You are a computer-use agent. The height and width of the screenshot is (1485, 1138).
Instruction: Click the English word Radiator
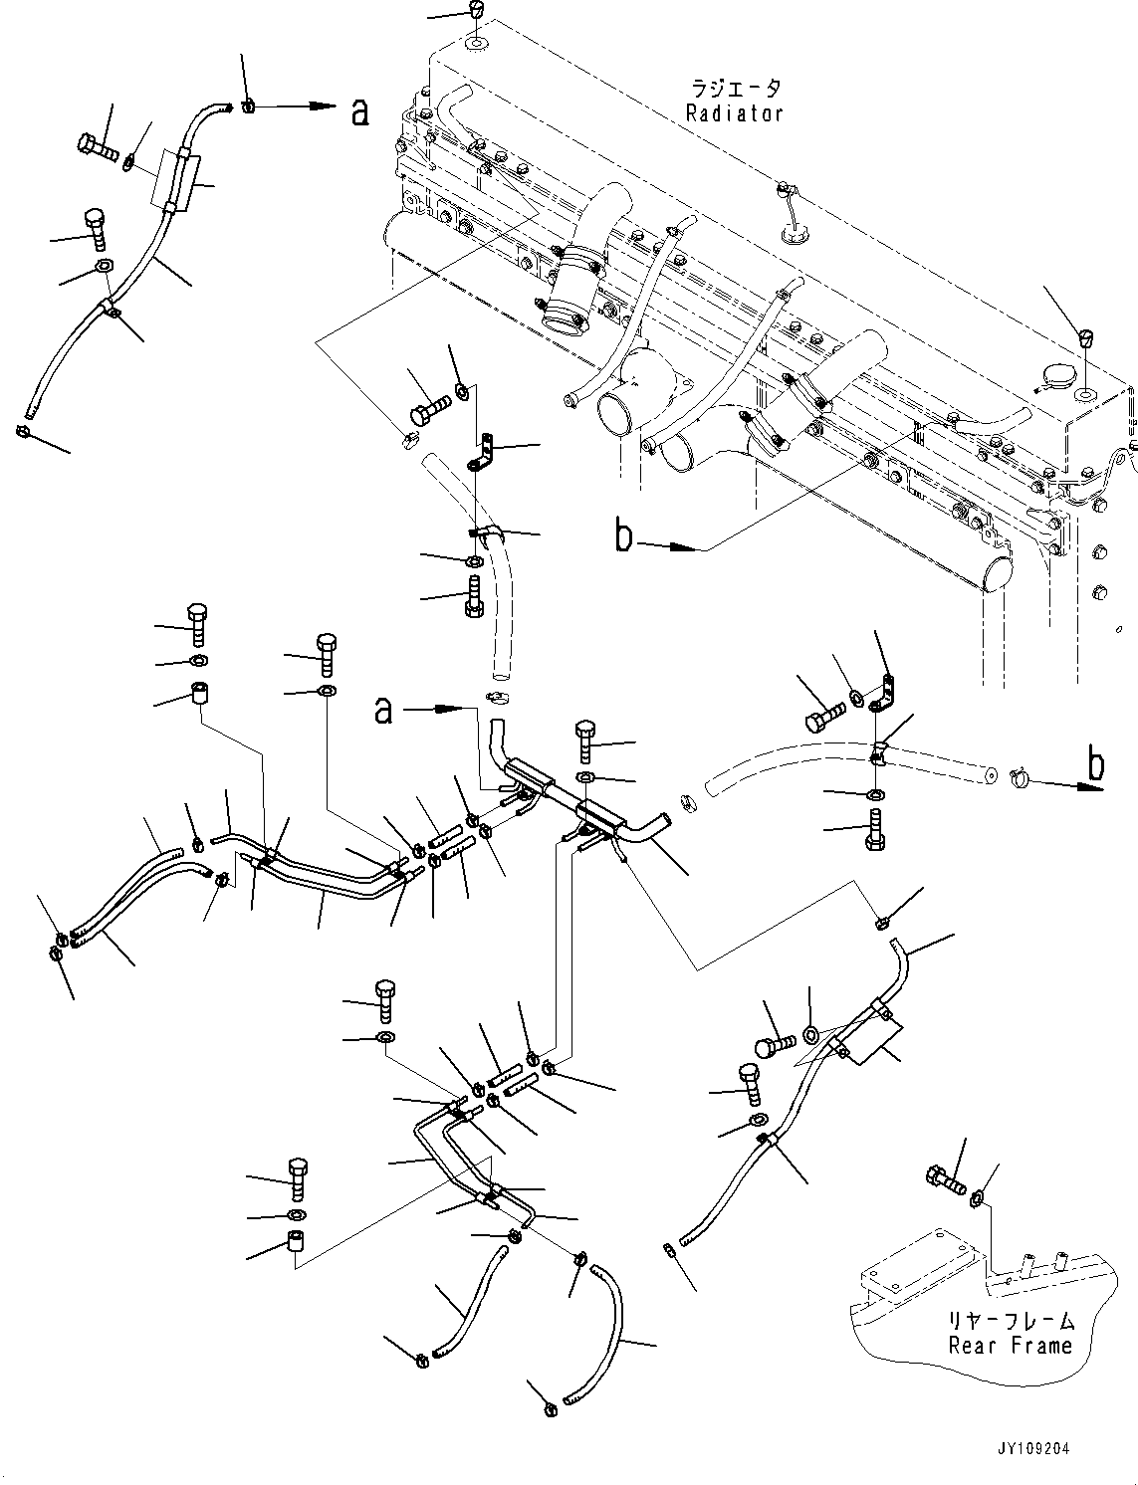[734, 113]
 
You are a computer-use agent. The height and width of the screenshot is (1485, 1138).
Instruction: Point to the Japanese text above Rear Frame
[1011, 1321]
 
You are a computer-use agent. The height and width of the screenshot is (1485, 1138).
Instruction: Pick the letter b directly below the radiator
[623, 537]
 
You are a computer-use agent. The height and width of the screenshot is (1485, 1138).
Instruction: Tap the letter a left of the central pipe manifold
[383, 710]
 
